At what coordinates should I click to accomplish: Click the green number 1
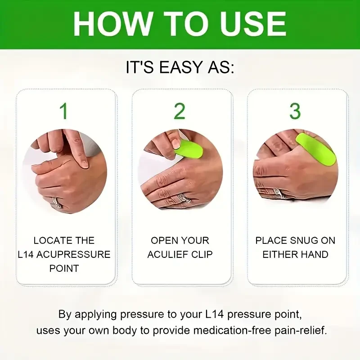64,111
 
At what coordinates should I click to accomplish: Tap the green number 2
180,111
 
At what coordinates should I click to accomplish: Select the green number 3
295,111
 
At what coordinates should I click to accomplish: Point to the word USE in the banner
255,23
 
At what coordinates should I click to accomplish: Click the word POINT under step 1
64,268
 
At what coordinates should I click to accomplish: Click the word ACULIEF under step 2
168,254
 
